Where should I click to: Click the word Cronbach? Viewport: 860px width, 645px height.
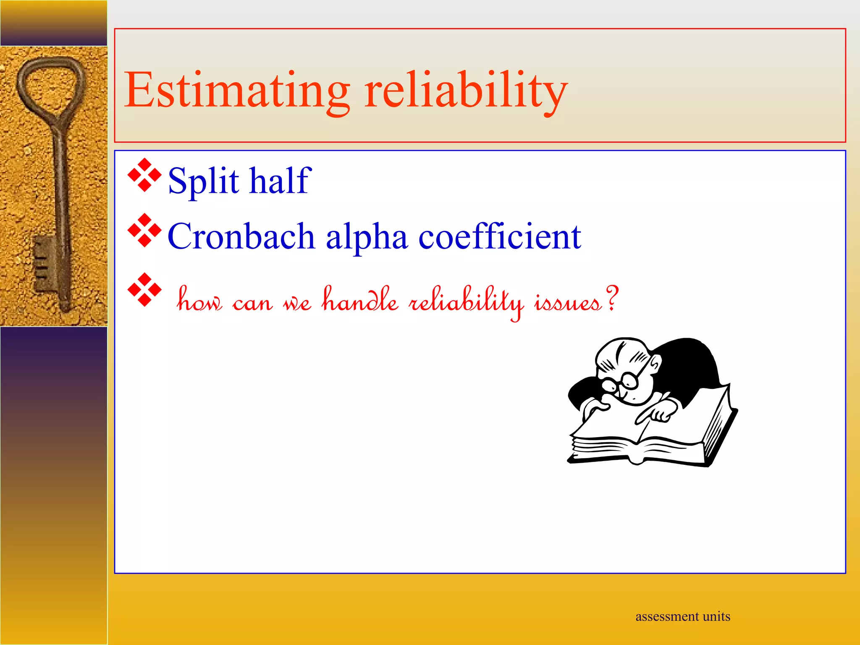(x=241, y=236)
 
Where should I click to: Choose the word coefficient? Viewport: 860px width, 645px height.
(x=500, y=236)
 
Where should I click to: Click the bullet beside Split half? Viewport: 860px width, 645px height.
(x=144, y=175)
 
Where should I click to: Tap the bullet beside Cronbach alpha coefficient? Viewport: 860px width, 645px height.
(x=144, y=230)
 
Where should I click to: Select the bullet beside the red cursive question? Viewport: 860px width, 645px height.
(x=144, y=290)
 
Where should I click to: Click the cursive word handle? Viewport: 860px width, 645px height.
(x=360, y=300)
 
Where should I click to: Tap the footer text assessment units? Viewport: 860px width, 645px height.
(x=682, y=616)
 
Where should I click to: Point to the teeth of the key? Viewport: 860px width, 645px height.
(x=42, y=262)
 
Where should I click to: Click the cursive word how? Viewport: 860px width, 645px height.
(x=199, y=300)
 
